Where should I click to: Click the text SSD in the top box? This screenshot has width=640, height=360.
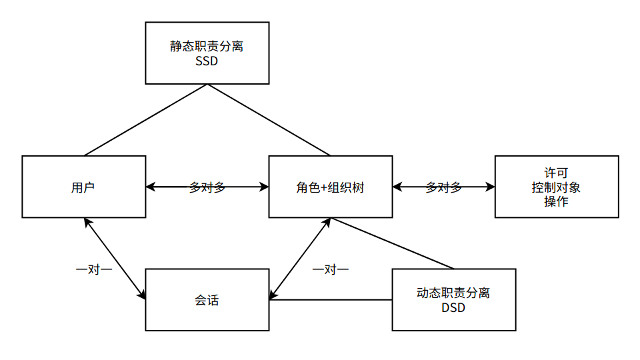coord(207,61)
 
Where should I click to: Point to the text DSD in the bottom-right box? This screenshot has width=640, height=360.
coord(453,308)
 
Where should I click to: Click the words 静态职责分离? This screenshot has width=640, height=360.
coord(207,46)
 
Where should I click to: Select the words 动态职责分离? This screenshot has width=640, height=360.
coord(453,293)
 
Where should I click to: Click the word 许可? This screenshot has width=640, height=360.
coord(556,173)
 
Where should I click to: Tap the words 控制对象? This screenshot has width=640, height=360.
coord(556,187)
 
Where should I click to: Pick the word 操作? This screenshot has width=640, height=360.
coord(556,201)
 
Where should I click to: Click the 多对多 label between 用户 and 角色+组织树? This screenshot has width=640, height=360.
coord(207,187)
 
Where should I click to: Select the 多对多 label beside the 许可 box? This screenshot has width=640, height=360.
coord(444,187)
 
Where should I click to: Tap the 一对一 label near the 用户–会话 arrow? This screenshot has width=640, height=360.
coord(94,269)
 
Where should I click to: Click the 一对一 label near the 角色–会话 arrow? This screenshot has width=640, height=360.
coord(331,269)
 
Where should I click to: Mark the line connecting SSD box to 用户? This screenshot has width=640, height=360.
coord(145,120)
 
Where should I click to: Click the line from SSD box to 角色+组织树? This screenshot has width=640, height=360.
coord(269,120)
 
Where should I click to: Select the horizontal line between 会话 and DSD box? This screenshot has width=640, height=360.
coord(331,300)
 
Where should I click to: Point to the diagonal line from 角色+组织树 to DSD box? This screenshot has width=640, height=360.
coord(392,243)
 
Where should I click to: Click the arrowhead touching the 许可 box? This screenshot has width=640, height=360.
coord(490,187)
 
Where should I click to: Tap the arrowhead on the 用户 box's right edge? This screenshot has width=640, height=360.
coord(151,187)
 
